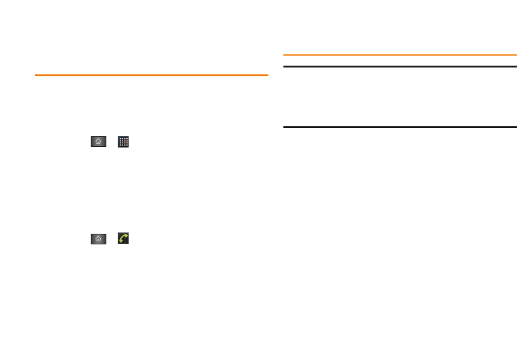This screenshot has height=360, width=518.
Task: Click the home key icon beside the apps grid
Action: click(98, 142)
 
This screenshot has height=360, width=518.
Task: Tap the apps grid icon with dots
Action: click(124, 142)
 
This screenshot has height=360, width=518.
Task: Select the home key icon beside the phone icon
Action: click(98, 239)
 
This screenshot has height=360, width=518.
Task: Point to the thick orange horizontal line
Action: click(151, 76)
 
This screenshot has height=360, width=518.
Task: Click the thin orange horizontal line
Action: click(400, 55)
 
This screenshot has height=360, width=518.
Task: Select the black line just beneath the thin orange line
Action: click(400, 66)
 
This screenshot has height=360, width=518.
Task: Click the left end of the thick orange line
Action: click(36, 76)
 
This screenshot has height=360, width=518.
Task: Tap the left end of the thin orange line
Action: click(285, 55)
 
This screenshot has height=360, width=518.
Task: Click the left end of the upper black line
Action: click(285, 66)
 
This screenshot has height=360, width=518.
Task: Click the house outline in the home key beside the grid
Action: click(98, 142)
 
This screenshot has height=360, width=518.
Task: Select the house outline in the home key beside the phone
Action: click(98, 239)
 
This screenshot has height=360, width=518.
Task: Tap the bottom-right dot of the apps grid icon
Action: click(126, 145)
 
